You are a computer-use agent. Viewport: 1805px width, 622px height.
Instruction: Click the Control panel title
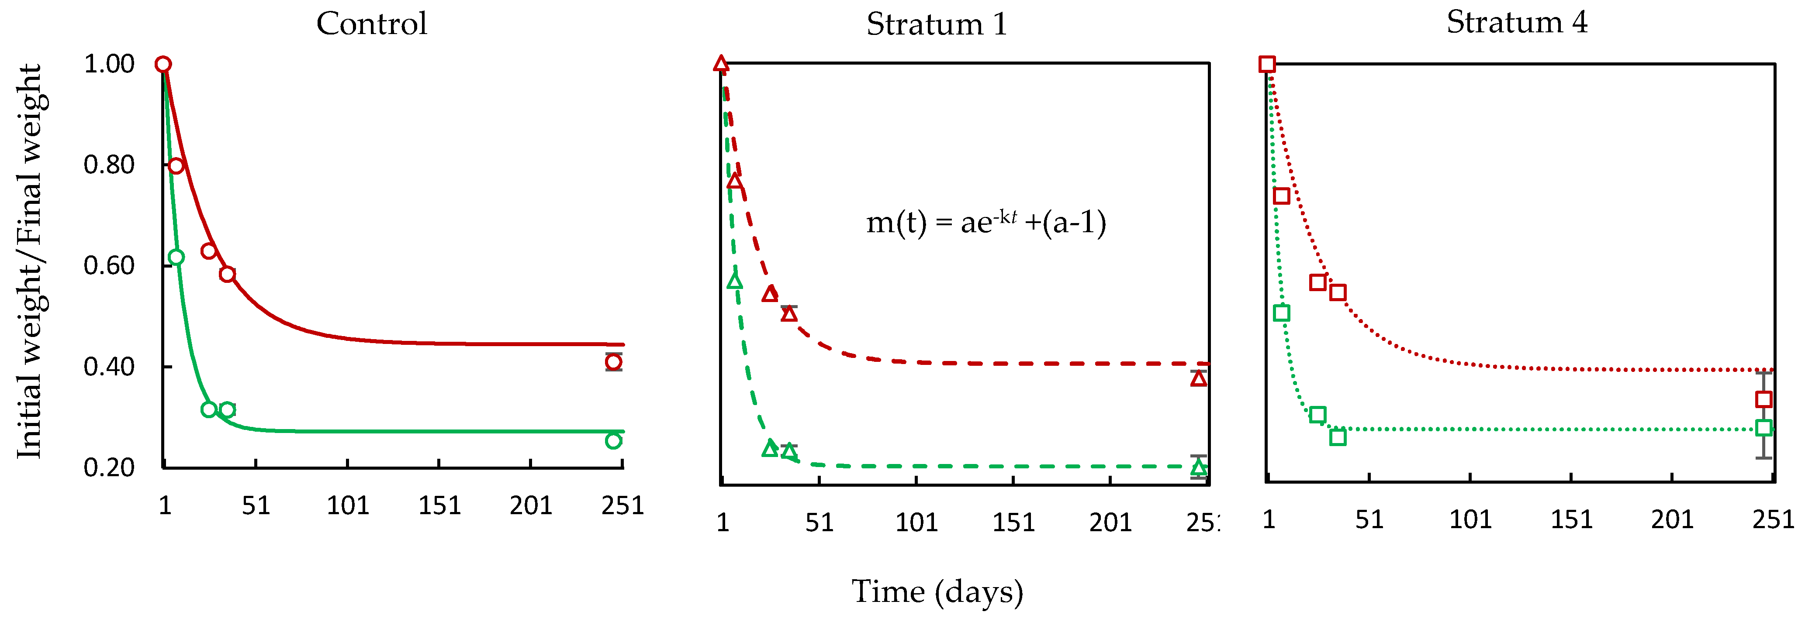coord(371,24)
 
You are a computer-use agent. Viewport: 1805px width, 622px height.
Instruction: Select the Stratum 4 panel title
coord(1517,22)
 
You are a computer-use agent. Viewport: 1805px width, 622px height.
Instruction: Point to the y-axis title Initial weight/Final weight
coord(29,262)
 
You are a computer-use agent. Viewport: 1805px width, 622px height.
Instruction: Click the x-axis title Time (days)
coord(937,592)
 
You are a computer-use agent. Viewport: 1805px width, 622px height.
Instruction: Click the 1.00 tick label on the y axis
coord(109,65)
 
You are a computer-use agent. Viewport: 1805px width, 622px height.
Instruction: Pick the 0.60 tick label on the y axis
coord(109,266)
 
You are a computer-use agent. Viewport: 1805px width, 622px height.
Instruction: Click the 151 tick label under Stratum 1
coord(1013,522)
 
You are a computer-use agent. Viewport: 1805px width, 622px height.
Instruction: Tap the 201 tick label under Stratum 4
coord(1672,520)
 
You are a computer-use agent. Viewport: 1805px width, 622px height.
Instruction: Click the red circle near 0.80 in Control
coord(176,166)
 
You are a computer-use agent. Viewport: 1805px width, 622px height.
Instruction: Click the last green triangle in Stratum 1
coord(1199,467)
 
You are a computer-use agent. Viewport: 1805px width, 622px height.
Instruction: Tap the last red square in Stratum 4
coord(1764,399)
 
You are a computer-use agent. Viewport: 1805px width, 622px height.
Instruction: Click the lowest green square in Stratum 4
coord(1338,437)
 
